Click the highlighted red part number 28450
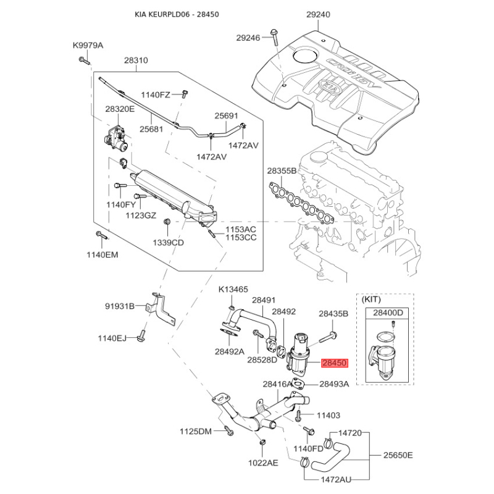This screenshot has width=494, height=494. click(x=335, y=363)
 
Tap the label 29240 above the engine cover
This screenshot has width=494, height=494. click(x=318, y=14)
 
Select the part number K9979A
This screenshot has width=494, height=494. click(x=88, y=45)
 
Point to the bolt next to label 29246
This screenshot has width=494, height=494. click(x=274, y=38)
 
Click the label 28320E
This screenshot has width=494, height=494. click(x=120, y=109)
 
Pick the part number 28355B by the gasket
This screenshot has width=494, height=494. click(x=282, y=171)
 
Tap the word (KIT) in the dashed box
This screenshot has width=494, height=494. click(x=371, y=299)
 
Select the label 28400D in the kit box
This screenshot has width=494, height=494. click(x=388, y=313)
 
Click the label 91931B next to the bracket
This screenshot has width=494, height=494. click(x=119, y=306)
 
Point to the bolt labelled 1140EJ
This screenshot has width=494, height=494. click(x=141, y=336)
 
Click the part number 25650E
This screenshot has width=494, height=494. click(x=398, y=455)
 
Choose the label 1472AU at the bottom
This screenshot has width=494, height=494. click(x=336, y=480)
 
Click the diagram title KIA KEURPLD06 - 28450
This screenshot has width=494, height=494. click(x=177, y=14)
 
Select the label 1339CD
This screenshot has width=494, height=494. click(x=168, y=243)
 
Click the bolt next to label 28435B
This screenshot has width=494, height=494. click(x=329, y=337)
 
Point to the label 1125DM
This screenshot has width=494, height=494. click(x=196, y=431)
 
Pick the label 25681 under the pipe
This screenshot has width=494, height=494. click(x=151, y=129)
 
